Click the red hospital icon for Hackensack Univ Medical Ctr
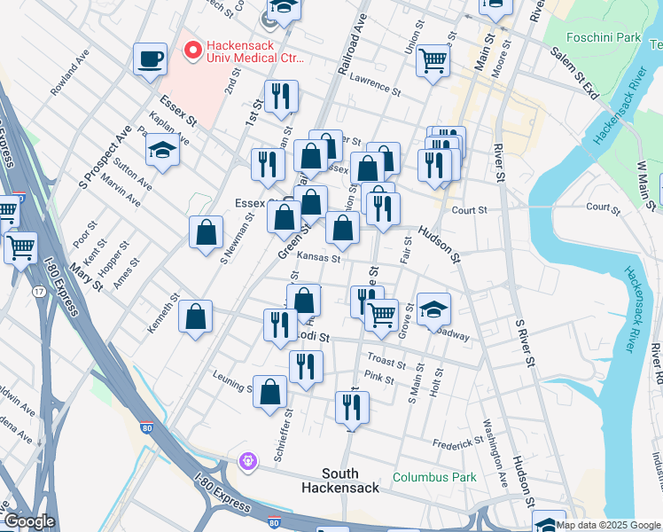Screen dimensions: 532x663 191,50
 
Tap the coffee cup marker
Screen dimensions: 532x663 150,59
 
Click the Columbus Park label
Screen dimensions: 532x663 434,477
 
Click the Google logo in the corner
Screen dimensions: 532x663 28,521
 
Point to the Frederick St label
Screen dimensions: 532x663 457,442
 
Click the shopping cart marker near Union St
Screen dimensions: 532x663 433,60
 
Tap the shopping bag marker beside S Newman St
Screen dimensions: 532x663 206,233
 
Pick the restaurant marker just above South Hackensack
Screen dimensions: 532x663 352,407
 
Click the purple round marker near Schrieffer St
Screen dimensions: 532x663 247,460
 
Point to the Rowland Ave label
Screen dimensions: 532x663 71,74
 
